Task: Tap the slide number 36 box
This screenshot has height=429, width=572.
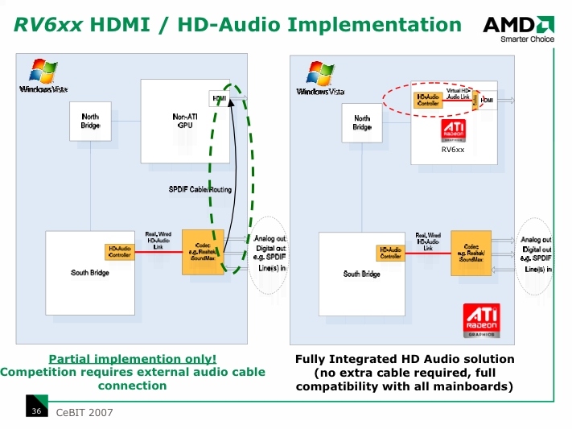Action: point(36,411)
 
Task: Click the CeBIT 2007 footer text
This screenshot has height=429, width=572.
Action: point(84,413)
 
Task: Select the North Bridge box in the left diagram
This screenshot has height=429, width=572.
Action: point(90,122)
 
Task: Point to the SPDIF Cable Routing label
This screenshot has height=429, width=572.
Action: point(200,190)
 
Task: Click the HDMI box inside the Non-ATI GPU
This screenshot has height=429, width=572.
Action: point(218,99)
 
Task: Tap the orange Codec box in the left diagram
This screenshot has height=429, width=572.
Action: point(203,252)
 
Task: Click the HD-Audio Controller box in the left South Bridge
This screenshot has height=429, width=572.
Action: point(119,252)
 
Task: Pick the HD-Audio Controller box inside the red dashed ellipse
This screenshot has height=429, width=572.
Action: point(428,100)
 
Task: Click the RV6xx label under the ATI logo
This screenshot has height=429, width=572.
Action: point(453,150)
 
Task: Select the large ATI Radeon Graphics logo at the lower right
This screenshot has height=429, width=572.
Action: point(482,320)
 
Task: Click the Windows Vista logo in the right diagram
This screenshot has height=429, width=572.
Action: point(318,80)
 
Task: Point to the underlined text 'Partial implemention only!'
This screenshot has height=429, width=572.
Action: point(133,359)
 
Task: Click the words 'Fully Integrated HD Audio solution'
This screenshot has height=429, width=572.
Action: point(405,359)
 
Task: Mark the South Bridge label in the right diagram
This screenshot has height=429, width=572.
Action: point(362,274)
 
